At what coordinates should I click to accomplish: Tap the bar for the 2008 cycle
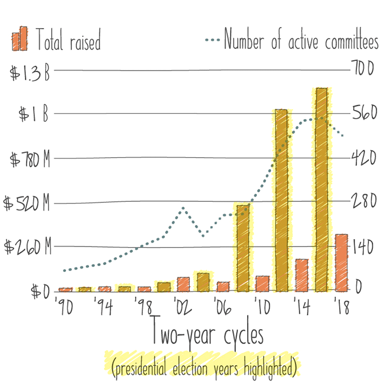coord(242,248)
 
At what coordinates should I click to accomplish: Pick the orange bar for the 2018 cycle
coord(341,262)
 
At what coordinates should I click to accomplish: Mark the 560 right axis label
coord(364,112)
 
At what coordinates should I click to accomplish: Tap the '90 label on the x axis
coord(65,307)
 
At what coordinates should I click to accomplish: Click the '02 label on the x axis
coord(182,307)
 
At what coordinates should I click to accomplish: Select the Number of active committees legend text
coord(301,42)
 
